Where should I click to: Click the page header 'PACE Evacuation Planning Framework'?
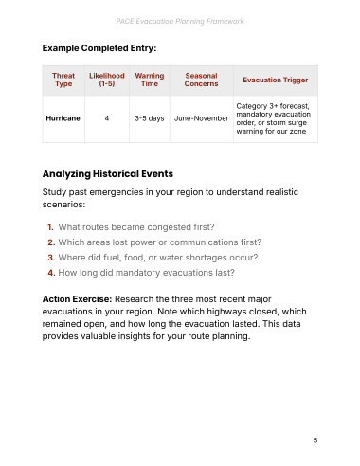pos(180,21)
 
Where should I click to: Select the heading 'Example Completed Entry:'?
pos(99,48)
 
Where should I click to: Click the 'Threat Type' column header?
pos(63,80)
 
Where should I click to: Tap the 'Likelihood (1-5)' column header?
pos(107,80)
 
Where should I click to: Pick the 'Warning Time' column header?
pos(150,80)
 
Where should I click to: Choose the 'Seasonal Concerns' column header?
pos(201,80)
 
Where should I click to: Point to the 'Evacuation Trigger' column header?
pos(276,81)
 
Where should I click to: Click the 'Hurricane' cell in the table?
pos(63,118)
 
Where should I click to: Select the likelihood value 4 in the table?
pos(107,118)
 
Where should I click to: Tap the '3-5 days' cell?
pos(150,118)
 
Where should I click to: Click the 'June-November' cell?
pos(201,118)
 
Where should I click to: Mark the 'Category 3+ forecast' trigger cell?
pos(274,118)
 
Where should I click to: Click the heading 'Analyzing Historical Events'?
pos(108,174)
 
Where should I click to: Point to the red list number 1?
pos(50,227)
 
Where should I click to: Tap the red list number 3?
pos(51,258)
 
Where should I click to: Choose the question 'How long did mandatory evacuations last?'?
pos(146,273)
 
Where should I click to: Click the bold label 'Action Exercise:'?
pos(77,299)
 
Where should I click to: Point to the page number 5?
pos(315,440)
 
